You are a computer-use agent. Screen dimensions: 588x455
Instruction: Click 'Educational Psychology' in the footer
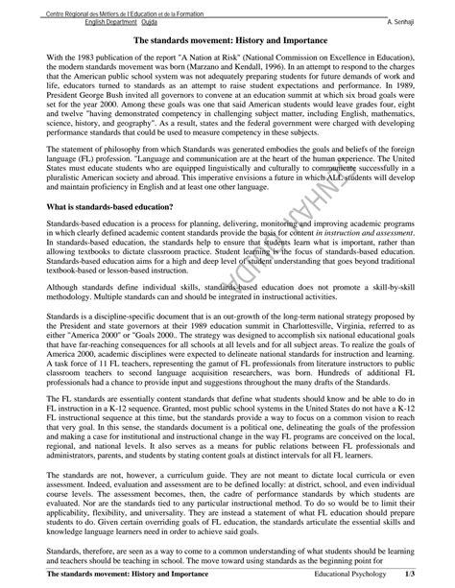coord(373,573)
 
